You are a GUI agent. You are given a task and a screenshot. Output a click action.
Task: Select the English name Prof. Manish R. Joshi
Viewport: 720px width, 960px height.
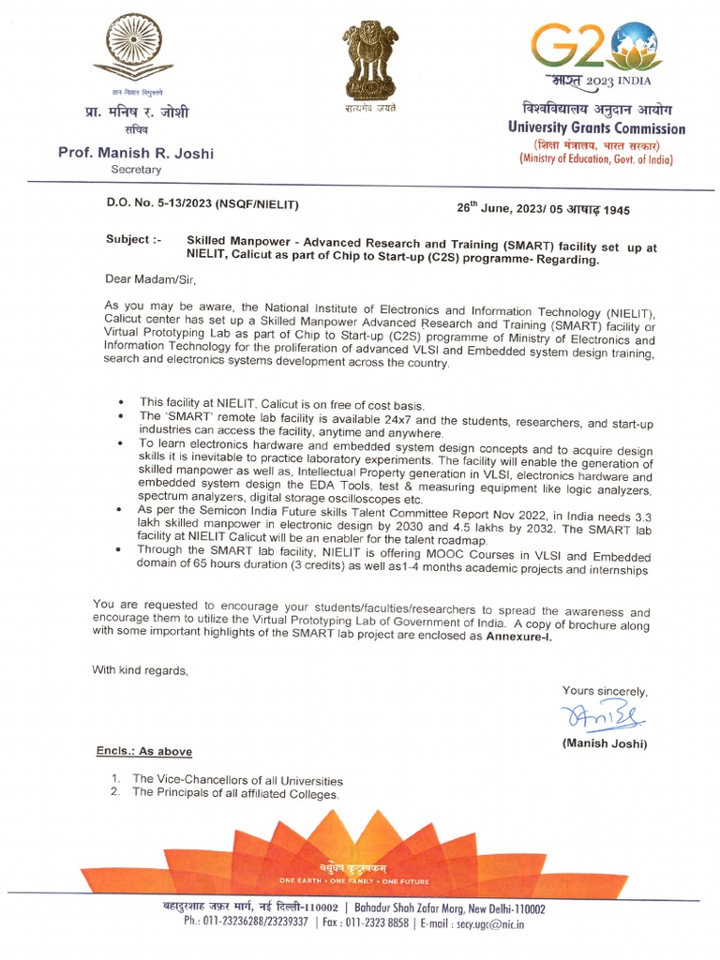coord(136,153)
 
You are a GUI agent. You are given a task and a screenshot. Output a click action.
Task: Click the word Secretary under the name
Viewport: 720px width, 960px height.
coord(136,170)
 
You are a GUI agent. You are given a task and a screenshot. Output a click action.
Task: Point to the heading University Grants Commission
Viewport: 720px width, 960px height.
coord(596,128)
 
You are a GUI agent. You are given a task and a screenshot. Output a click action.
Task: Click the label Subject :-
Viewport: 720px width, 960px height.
coord(133,240)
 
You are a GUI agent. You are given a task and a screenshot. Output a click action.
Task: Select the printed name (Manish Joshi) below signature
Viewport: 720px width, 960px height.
coord(605,743)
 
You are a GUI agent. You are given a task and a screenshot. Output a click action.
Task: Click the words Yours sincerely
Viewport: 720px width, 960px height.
coord(605,691)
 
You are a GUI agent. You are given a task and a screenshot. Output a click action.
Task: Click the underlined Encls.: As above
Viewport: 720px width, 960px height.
coord(144,752)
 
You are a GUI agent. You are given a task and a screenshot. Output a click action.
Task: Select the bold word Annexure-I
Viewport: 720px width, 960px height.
coord(518,637)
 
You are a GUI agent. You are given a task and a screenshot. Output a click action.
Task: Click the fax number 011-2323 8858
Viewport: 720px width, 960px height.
coord(381,923)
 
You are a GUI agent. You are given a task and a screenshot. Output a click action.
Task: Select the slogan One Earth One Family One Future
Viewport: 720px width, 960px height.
coord(354,881)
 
